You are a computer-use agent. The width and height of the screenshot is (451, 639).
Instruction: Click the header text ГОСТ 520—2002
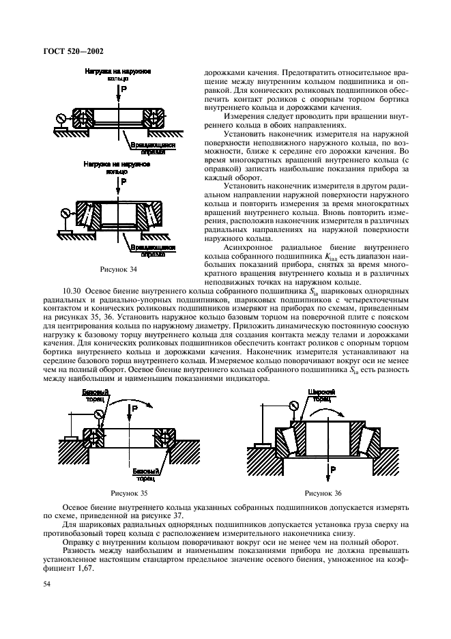click(x=73, y=50)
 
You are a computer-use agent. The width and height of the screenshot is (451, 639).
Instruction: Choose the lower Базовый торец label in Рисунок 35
click(x=145, y=473)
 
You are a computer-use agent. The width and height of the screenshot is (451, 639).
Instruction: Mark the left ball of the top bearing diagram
click(x=87, y=117)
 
